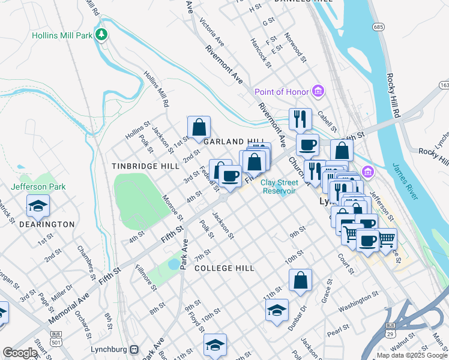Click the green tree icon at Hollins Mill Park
coord(103,35)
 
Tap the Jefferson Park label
coord(40,187)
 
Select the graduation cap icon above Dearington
coord(38,206)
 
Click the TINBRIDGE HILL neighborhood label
coord(145,166)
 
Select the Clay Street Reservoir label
coord(279,187)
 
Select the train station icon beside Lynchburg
coord(135,349)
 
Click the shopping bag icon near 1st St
coord(199,127)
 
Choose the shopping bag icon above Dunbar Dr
coord(300,280)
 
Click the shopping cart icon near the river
coord(386,239)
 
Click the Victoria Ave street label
coord(214,35)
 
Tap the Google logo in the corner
coord(19,352)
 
